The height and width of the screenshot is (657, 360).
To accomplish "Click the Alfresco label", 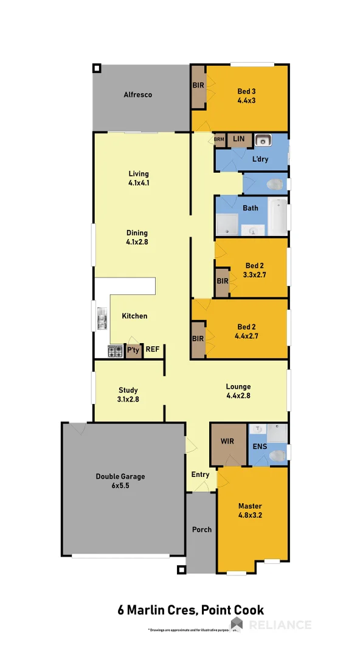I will [137, 95].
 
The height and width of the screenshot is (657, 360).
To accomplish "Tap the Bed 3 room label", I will [246, 96].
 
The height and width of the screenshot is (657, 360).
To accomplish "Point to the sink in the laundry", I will [263, 141].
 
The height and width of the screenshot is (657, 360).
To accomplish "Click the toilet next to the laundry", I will [275, 183].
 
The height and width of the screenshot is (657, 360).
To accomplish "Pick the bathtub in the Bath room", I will [278, 216].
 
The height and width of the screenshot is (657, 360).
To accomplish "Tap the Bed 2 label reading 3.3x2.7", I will [254, 269].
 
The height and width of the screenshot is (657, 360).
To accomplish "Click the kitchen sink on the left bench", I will [102, 318].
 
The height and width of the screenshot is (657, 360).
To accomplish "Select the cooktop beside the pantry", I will [115, 351].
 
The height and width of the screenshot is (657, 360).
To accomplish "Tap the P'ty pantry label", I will [133, 350].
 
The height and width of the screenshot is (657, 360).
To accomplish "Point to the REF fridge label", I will [152, 350].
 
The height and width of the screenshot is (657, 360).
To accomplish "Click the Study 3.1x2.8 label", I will [128, 394].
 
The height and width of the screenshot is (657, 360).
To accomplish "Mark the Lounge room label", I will [238, 391].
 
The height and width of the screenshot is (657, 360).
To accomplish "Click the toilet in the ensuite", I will [277, 456].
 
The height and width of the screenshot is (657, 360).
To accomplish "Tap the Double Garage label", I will [120, 481].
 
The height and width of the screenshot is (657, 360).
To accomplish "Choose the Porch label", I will [202, 530].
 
